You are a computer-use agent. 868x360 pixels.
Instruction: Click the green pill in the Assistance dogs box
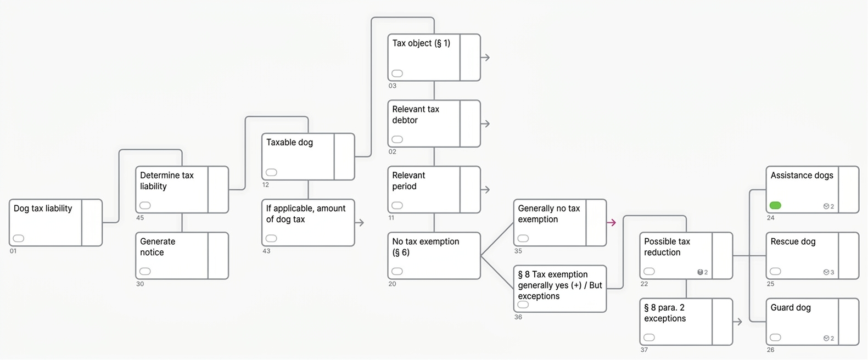tap(775, 205)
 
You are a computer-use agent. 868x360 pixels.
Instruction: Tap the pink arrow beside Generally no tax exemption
tap(612, 222)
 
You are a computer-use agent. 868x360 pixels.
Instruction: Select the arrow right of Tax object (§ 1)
tap(485, 58)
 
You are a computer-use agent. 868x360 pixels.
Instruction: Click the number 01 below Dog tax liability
tap(13, 251)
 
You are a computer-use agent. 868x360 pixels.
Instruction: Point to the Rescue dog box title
tap(793, 241)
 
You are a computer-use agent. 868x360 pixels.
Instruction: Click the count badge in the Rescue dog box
tap(828, 272)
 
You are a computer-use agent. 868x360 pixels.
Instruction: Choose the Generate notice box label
tap(158, 247)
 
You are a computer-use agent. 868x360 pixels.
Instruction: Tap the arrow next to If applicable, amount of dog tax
tap(359, 222)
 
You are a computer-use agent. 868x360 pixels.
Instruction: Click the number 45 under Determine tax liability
tap(140, 218)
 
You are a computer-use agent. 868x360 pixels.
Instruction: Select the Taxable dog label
tap(289, 142)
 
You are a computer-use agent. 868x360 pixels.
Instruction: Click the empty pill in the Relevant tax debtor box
tap(397, 139)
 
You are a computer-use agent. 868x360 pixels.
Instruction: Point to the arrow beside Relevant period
tap(485, 189)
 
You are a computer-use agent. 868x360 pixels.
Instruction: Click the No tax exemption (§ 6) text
tap(425, 247)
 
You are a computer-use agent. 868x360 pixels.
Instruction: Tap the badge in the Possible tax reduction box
tap(703, 272)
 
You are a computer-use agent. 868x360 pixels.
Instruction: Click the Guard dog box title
tap(791, 307)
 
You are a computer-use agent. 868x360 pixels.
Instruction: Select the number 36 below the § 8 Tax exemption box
tap(518, 317)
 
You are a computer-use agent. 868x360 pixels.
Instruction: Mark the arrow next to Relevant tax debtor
tap(485, 123)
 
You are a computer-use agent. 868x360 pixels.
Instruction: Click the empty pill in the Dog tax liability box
tap(19, 238)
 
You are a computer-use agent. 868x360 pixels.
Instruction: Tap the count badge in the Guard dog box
tap(828, 338)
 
